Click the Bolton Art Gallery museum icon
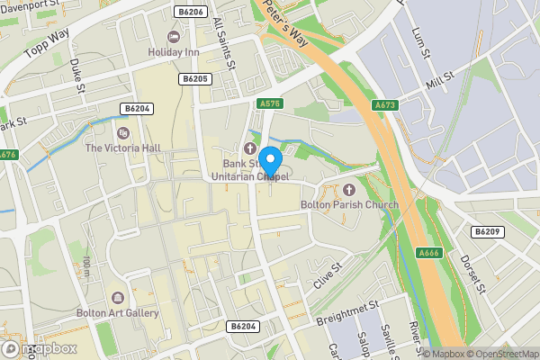point(117,298)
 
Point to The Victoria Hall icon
point(123,132)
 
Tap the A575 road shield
point(268,104)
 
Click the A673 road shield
point(385,105)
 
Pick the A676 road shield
point(7,155)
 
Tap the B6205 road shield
point(195,79)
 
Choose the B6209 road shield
point(486,231)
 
